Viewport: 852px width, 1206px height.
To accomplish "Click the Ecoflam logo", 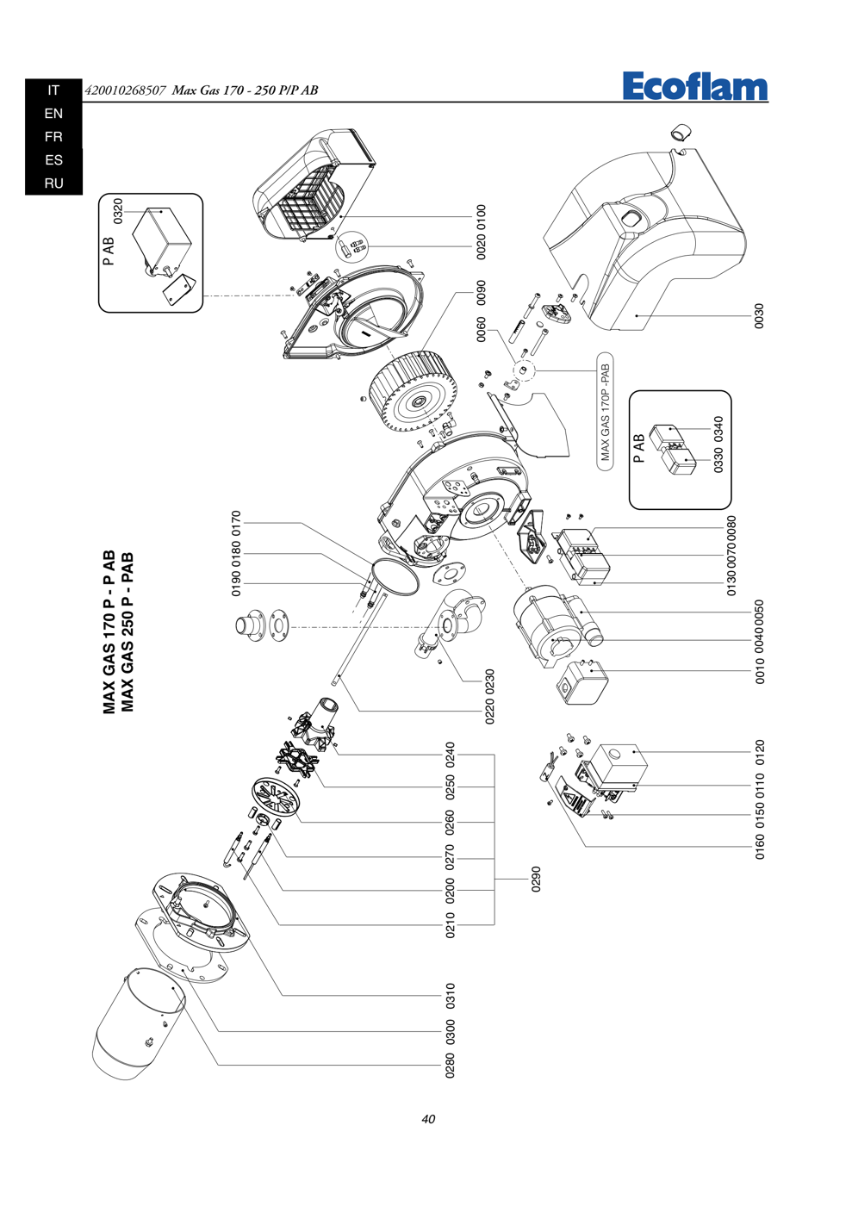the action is click(695, 86).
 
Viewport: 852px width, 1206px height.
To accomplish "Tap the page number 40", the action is click(428, 1119).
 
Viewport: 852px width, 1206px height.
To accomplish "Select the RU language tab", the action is click(54, 183).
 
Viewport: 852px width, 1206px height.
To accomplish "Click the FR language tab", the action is click(54, 137).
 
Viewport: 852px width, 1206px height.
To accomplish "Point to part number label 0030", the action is click(759, 316).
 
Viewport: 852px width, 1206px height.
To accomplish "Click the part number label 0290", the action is click(536, 879).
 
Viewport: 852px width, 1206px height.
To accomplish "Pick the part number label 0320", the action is click(118, 211).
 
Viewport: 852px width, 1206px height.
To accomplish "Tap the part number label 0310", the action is click(451, 996).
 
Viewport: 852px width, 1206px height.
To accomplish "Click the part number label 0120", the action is click(759, 752).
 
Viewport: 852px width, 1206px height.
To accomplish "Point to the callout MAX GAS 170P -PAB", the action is click(606, 413).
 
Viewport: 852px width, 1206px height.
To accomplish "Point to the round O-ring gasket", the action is click(395, 575).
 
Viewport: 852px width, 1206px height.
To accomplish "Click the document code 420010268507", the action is click(125, 90).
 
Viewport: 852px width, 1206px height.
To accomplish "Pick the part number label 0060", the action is click(481, 329).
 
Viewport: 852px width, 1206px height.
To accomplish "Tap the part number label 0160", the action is click(759, 846).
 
